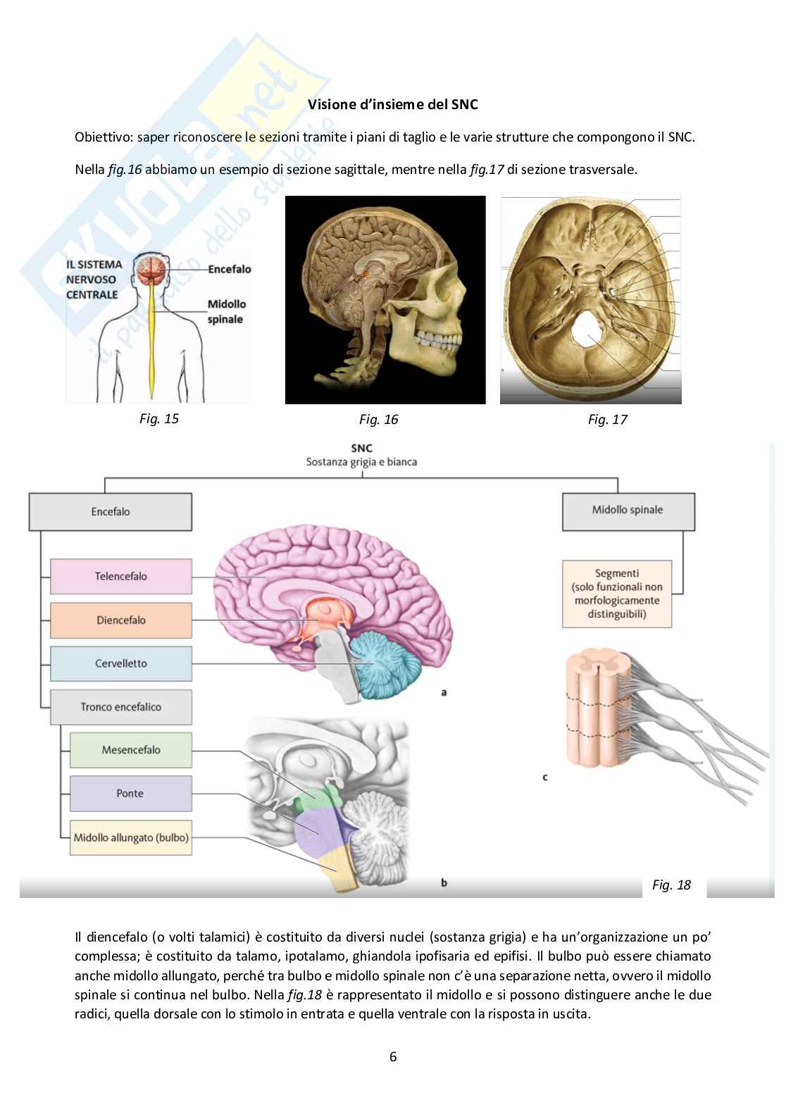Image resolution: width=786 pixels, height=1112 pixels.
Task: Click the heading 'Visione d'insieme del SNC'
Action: [x=392, y=104]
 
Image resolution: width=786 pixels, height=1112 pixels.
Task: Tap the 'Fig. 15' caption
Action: [x=159, y=418]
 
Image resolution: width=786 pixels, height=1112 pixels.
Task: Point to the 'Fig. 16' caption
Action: [x=378, y=420]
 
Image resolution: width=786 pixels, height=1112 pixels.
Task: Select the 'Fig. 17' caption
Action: [x=607, y=420]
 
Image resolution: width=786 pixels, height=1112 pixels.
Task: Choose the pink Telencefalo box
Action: [x=120, y=576]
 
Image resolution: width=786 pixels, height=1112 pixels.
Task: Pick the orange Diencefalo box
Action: [x=120, y=620]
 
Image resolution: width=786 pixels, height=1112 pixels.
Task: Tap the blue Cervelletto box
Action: [x=120, y=663]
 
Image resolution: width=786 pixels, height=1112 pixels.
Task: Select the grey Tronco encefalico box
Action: [x=120, y=707]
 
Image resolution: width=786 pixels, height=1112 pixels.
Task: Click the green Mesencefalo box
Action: [x=130, y=750]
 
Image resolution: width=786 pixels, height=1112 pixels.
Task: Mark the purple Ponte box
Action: [x=130, y=793]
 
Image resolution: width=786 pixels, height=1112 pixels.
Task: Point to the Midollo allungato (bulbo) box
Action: [x=130, y=837]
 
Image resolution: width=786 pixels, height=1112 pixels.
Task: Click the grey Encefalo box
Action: [x=111, y=512]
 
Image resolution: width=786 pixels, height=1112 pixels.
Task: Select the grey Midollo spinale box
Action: [x=628, y=511]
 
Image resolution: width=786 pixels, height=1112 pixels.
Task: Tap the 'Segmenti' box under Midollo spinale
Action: [x=617, y=594]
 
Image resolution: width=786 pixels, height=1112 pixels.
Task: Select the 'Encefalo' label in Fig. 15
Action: [x=230, y=269]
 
